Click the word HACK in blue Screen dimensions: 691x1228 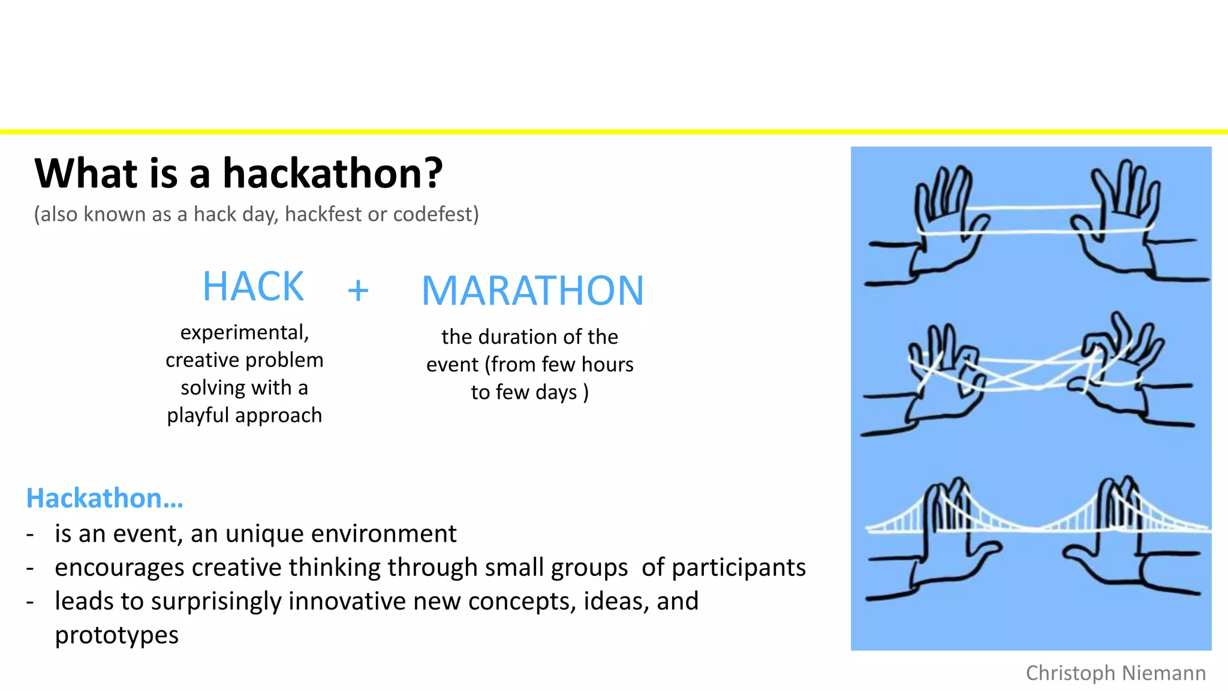pos(253,287)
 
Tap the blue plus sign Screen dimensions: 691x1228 pos(358,291)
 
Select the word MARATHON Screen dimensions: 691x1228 pos(532,292)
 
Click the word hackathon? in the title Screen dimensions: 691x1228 pos(333,174)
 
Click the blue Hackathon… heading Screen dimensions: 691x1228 pos(105,498)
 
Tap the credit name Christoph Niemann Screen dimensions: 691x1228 pos(1115,673)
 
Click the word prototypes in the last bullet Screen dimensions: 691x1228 pos(117,635)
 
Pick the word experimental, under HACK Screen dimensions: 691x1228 pos(245,332)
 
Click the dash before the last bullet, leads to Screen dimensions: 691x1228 pos(30,602)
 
